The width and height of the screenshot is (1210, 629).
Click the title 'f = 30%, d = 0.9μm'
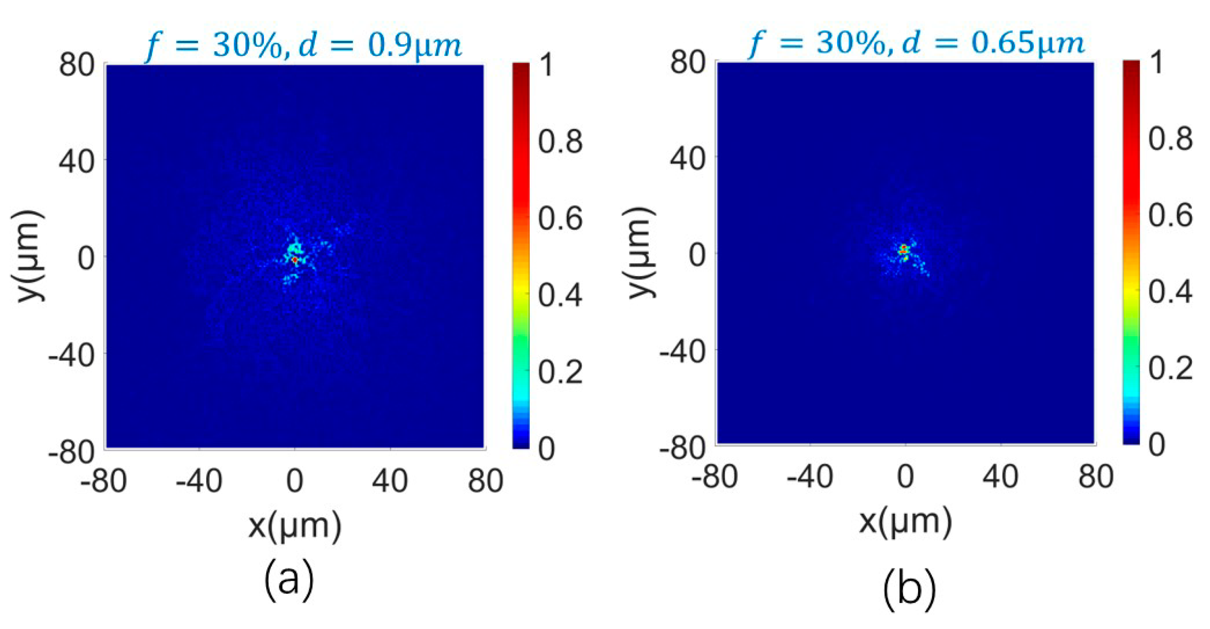(x=303, y=46)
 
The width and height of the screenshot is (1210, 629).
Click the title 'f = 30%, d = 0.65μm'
(x=916, y=43)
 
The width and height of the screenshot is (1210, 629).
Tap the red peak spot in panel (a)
(x=295, y=259)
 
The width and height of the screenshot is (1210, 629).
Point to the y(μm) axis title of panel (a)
(x=29, y=256)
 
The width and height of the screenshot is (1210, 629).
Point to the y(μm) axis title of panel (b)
(x=640, y=253)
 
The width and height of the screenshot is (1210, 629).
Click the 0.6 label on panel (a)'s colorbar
(x=560, y=219)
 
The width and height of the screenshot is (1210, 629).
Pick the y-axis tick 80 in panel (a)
(x=77, y=65)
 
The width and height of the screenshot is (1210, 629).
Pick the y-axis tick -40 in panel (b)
(x=682, y=351)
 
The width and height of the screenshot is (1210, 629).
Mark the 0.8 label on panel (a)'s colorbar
(x=560, y=141)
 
